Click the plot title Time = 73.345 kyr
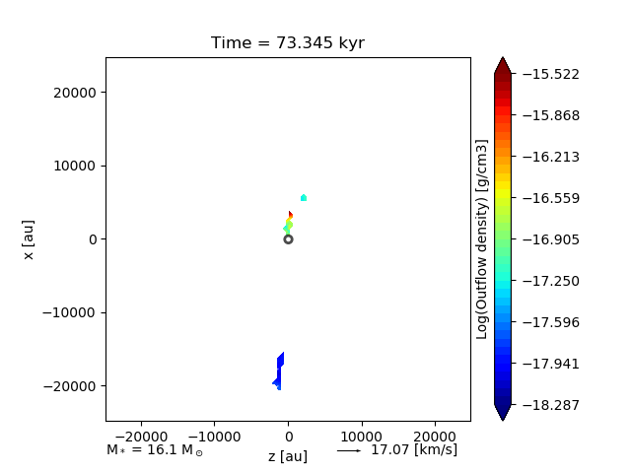[288, 43]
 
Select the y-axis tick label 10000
[75, 166]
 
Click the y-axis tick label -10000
[72, 312]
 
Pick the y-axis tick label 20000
[75, 93]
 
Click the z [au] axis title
[288, 456]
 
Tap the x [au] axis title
[30, 239]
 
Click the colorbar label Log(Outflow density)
[482, 239]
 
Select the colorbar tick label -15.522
[552, 74]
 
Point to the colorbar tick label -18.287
[552, 405]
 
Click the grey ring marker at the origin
[288, 239]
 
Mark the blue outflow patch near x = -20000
[279, 372]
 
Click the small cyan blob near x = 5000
[304, 198]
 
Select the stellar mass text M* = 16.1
[155, 450]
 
